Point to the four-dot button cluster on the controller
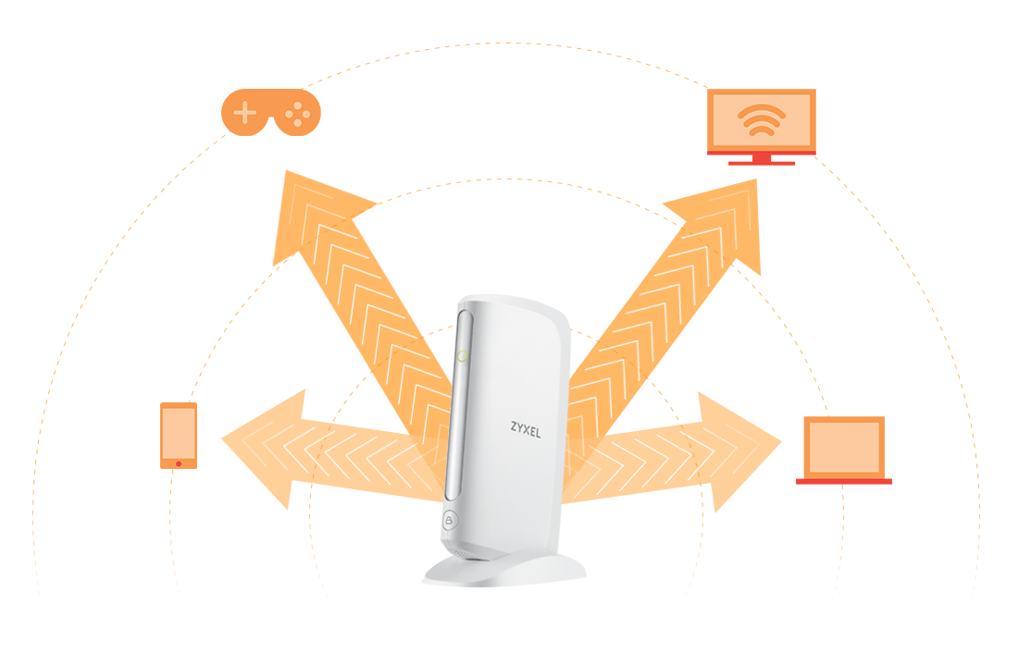coord(297,114)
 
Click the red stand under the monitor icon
coord(761,159)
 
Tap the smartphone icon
coord(179,435)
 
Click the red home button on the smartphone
coord(179,462)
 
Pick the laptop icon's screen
coord(843,447)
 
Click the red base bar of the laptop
coord(843,481)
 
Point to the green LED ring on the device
coord(463,356)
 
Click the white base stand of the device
coord(504,566)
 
